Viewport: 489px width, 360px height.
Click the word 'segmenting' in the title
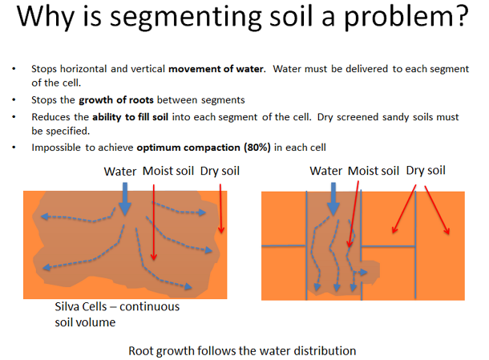186,18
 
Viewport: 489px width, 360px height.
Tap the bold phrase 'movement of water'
216,69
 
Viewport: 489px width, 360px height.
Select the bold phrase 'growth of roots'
116,100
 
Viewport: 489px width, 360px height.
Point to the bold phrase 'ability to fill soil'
131,117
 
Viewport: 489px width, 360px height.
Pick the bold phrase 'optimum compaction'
188,148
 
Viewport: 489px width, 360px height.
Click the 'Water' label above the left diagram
120,172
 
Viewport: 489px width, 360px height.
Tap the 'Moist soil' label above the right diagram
374,171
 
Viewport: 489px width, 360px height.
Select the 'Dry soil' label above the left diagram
220,171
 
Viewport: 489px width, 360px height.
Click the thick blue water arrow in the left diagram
125,199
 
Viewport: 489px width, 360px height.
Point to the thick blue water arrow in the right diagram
333,199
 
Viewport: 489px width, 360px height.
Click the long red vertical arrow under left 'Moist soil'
153,222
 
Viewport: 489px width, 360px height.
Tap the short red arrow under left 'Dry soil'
220,208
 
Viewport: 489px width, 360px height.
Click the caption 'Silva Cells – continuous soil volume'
117,314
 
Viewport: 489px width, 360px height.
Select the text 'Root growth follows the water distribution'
242,351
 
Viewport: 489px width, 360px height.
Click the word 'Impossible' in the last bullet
56,148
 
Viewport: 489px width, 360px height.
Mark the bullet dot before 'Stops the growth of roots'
14,100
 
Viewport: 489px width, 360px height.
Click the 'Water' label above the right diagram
326,171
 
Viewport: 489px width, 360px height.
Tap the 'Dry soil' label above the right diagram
426,170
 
